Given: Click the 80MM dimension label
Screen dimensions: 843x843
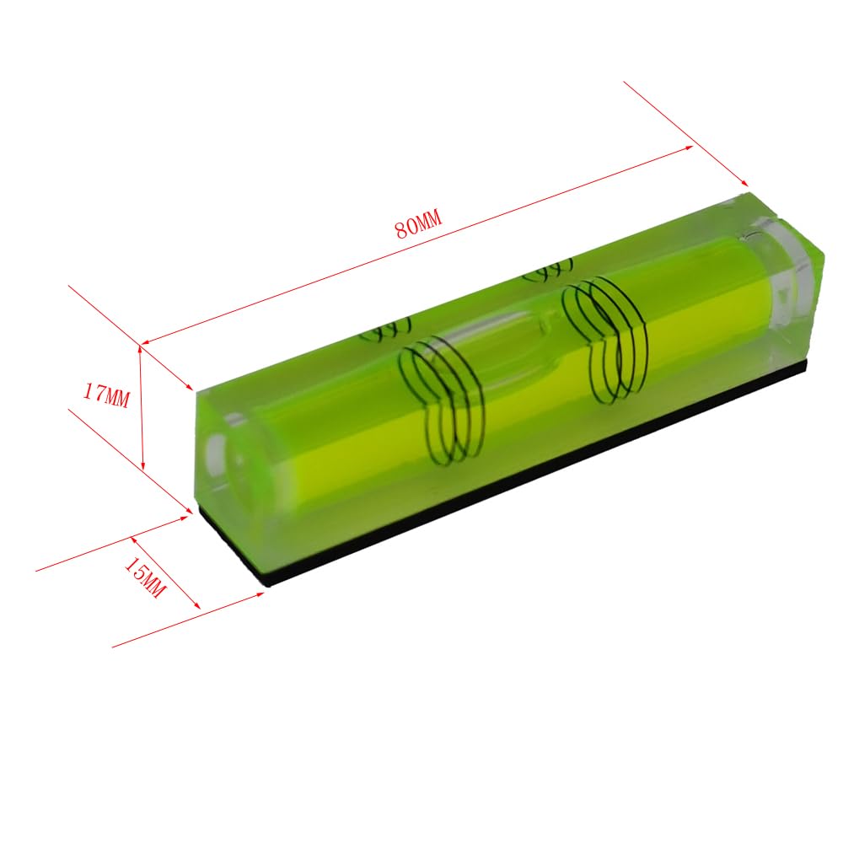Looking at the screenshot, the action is (418, 224).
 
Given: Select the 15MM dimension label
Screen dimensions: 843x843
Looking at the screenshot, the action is (145, 577).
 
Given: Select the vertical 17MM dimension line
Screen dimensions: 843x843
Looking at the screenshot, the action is (142, 406).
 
